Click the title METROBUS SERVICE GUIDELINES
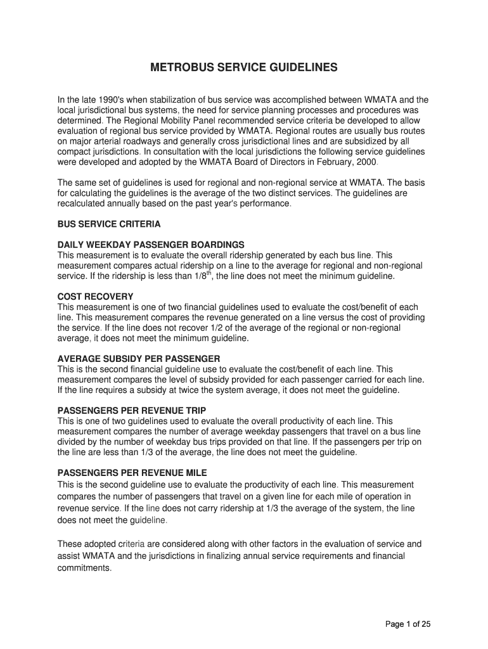[243, 67]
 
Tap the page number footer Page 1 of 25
[408, 624]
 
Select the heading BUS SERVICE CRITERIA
[109, 224]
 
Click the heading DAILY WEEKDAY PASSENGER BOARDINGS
[151, 244]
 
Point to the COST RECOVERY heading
[95, 296]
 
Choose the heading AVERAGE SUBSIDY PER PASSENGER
[139, 358]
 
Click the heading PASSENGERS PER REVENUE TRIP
[131, 410]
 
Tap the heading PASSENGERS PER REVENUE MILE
[132, 473]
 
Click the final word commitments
[84, 568]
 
